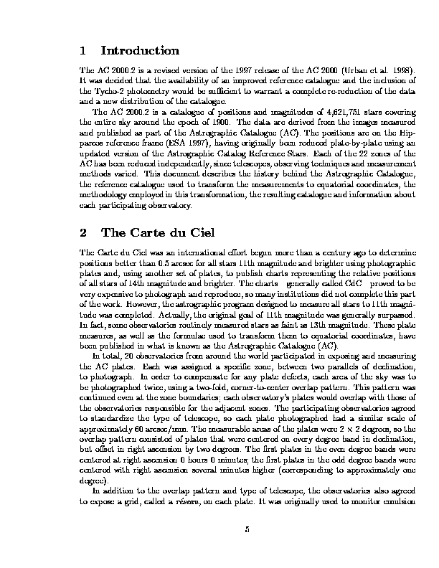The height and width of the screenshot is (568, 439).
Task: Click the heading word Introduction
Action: coord(140,51)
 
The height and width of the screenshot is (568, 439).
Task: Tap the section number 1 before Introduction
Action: coord(85,51)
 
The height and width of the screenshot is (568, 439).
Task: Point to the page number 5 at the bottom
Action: coord(246,530)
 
